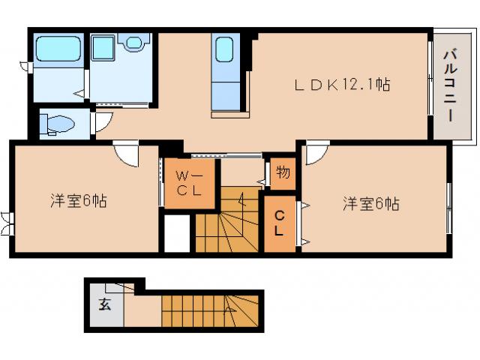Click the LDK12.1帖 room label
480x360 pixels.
tap(340, 85)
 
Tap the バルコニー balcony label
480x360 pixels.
tap(450, 84)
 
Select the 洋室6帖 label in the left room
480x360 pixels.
tap(78, 201)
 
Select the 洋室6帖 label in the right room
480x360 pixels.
tap(370, 203)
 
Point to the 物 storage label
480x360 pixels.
tap(282, 172)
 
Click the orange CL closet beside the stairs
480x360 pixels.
tap(279, 223)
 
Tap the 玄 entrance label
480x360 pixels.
tap(103, 304)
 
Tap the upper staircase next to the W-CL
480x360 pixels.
tap(227, 217)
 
